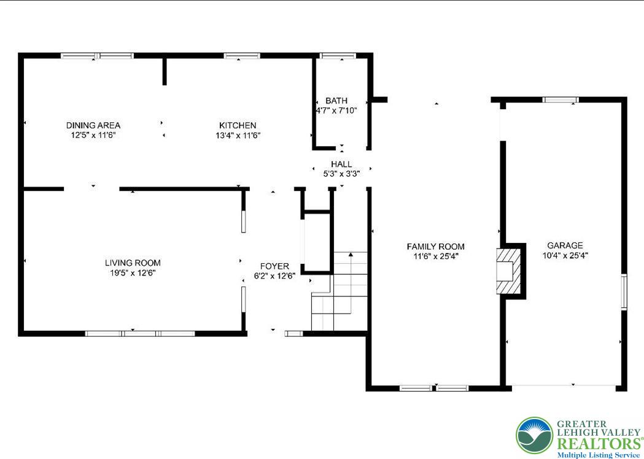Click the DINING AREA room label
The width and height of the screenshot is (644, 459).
[x=93, y=125]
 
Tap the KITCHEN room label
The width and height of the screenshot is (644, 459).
[x=238, y=125]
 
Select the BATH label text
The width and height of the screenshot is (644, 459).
[x=336, y=101]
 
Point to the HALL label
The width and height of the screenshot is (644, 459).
[x=341, y=164]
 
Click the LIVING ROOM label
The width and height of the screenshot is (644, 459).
[x=132, y=263]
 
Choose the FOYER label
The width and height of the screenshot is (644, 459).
[x=274, y=266]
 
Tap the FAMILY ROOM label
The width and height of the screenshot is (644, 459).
[x=435, y=247]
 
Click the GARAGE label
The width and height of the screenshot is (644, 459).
[x=565, y=245]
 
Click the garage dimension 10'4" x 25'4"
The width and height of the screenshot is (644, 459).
[x=565, y=255]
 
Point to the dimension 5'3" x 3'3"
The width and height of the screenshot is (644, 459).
[x=341, y=174]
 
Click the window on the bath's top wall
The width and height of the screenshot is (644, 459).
[x=338, y=56]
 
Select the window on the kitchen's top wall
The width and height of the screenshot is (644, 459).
[x=242, y=56]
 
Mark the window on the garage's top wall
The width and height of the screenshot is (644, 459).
[x=560, y=99]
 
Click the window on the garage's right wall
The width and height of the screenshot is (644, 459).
[x=624, y=291]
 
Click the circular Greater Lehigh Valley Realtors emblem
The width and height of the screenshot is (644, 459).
[x=533, y=435]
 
